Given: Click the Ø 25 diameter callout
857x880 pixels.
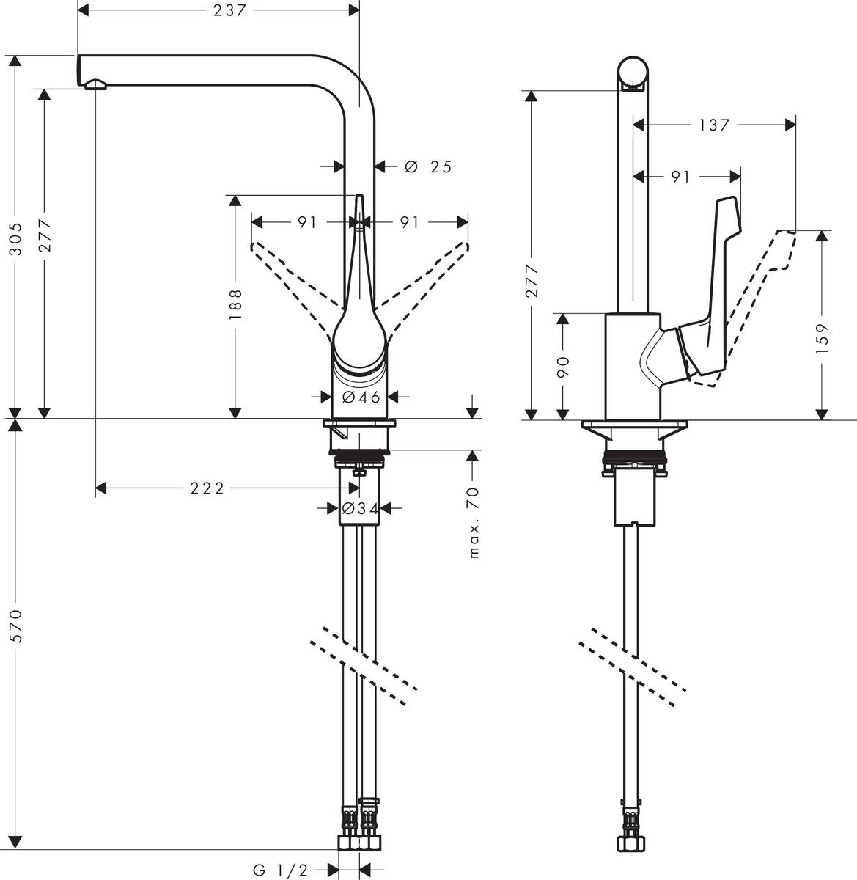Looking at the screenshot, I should [x=429, y=167].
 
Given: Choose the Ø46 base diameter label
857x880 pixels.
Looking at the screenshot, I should [x=361, y=397].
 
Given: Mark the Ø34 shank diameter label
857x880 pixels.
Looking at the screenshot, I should [x=359, y=507].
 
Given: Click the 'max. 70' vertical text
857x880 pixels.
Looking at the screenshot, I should [x=474, y=522].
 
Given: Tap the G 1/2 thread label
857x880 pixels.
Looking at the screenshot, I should [x=282, y=870].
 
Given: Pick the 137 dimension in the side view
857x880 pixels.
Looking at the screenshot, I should [x=713, y=125].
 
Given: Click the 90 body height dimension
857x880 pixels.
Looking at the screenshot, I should [x=563, y=367].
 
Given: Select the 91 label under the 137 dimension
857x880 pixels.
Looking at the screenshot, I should [x=680, y=177].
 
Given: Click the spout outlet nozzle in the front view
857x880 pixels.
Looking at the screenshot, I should [x=95, y=86].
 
